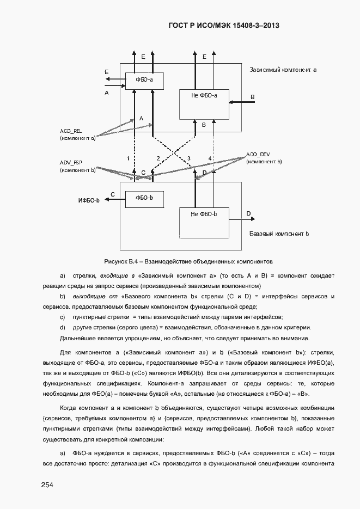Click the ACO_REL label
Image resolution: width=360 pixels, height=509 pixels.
click(x=71, y=131)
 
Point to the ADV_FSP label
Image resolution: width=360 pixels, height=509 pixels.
click(x=71, y=163)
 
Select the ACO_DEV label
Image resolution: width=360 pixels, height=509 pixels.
click(x=258, y=155)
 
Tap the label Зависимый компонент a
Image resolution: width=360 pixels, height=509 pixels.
click(x=283, y=70)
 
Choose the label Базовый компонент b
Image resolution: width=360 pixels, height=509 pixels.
click(x=279, y=234)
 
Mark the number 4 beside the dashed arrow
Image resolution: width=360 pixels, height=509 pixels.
click(x=210, y=158)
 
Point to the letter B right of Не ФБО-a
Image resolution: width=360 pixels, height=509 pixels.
click(x=252, y=96)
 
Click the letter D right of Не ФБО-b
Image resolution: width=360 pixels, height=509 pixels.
click(x=248, y=213)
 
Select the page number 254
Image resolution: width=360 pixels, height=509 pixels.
click(x=47, y=484)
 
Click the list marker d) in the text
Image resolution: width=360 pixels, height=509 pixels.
click(x=62, y=327)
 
